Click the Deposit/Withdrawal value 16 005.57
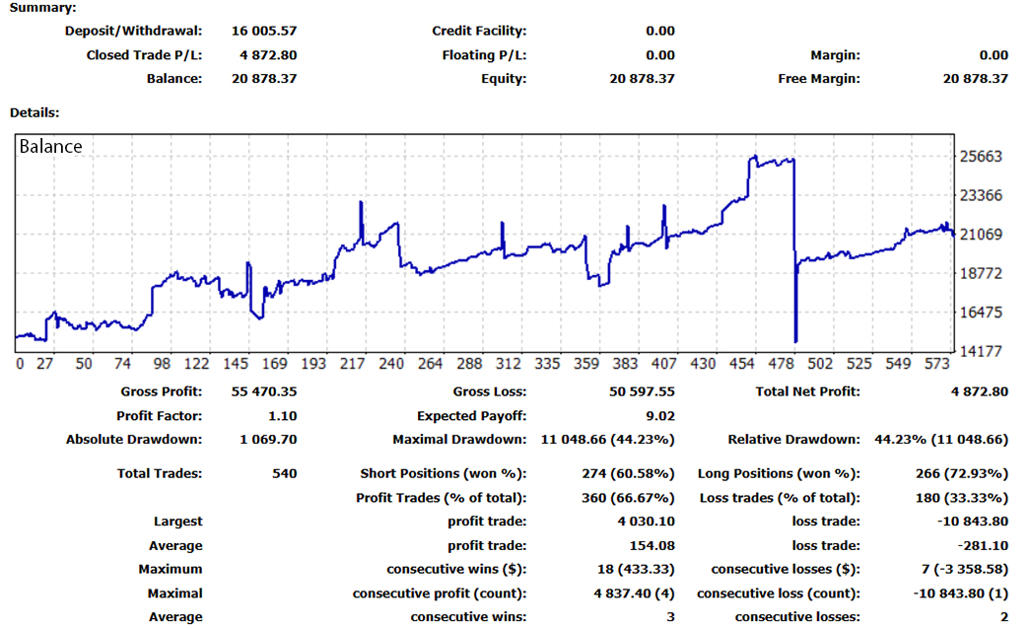coord(263,31)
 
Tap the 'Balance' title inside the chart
coord(51,147)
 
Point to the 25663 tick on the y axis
coord(981,157)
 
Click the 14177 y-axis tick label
coord(981,351)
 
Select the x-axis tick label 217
coord(353,364)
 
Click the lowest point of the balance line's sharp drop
coord(795,340)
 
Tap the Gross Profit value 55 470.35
coord(263,391)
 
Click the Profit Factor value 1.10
coord(282,416)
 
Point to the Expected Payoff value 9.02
coord(659,416)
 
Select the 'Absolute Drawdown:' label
coord(134,440)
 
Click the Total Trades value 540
coord(284,473)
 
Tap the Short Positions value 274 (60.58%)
coord(628,473)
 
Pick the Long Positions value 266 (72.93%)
coord(961,473)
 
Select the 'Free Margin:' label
coord(819,79)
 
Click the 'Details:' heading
coord(34,113)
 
